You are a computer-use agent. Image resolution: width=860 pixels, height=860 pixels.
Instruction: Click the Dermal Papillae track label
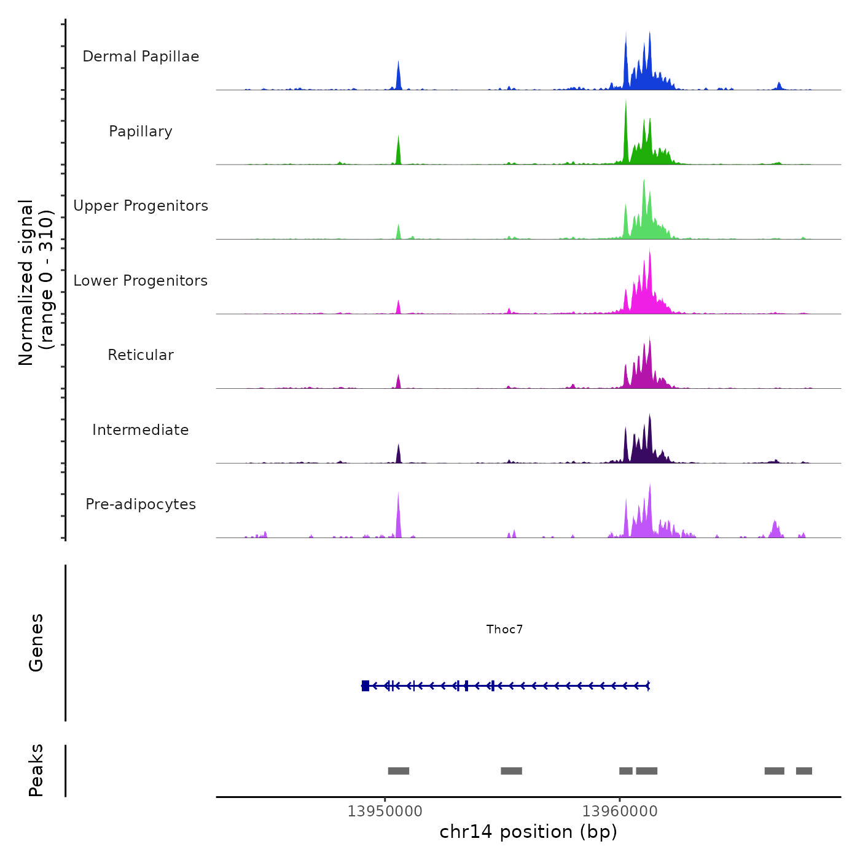(x=141, y=57)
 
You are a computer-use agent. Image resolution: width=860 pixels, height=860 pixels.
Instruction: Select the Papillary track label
(x=141, y=131)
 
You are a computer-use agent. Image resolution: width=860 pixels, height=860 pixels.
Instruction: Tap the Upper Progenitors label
(x=141, y=206)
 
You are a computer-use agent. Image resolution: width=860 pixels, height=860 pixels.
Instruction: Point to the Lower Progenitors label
(x=141, y=281)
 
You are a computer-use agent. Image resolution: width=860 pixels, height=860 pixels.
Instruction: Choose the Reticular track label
(x=141, y=355)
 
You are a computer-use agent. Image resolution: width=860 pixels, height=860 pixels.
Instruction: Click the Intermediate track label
(x=141, y=430)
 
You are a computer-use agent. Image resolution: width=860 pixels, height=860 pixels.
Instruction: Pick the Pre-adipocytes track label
(x=141, y=504)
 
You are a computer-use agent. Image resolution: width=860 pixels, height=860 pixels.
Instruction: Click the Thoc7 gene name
(x=504, y=629)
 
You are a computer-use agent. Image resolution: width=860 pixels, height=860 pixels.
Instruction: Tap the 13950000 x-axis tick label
(x=385, y=811)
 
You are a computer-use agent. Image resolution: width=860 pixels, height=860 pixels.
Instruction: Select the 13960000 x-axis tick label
(x=620, y=811)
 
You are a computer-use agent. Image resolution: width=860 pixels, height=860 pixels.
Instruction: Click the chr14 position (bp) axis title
(x=528, y=832)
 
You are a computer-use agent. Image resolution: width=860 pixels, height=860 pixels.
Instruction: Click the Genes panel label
(x=36, y=643)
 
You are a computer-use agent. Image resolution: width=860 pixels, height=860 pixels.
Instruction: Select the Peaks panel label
(x=36, y=770)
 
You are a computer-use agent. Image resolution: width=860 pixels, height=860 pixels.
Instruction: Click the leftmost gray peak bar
(x=399, y=771)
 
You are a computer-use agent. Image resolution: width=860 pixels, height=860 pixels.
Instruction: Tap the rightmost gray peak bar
(x=804, y=771)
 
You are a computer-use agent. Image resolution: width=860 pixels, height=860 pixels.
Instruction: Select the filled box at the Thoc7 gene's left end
(x=365, y=686)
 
